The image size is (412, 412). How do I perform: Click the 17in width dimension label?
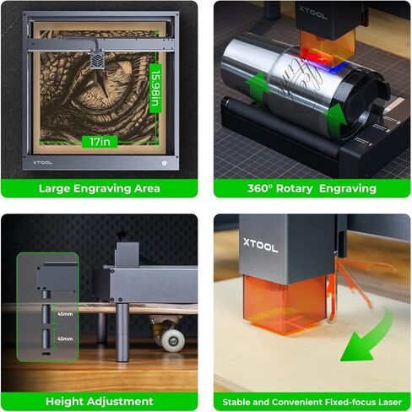99,142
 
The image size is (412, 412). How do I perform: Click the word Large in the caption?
56,188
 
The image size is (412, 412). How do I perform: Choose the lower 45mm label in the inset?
64,339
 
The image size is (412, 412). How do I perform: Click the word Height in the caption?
64,401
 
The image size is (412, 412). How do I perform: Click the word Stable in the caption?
239,402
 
